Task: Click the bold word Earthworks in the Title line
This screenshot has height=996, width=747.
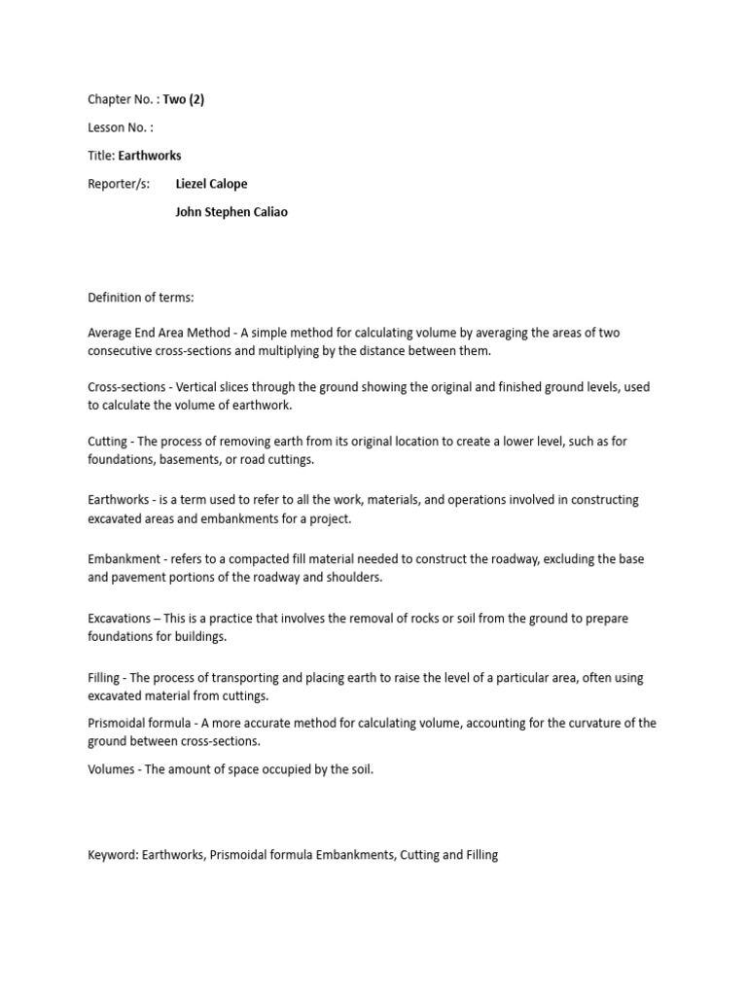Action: click(x=150, y=156)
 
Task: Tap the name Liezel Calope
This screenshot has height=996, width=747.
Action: click(x=211, y=184)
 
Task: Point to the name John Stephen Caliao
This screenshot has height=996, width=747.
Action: click(x=231, y=212)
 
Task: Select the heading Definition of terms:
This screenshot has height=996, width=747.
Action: click(x=141, y=297)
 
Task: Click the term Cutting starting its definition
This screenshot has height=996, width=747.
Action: click(x=107, y=442)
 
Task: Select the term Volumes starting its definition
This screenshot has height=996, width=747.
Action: click(x=112, y=769)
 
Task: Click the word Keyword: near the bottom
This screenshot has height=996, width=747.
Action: click(x=113, y=855)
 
